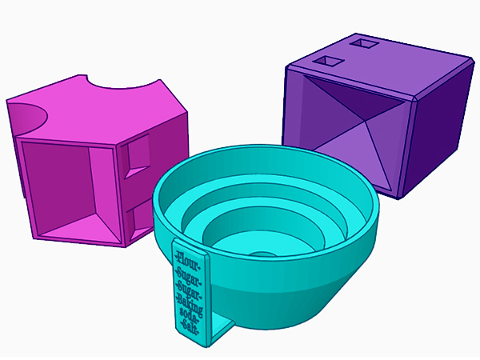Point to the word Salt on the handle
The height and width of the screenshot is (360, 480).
point(190,325)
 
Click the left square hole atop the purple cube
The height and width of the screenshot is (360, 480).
point(326,61)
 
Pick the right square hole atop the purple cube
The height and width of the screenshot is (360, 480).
point(365,46)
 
